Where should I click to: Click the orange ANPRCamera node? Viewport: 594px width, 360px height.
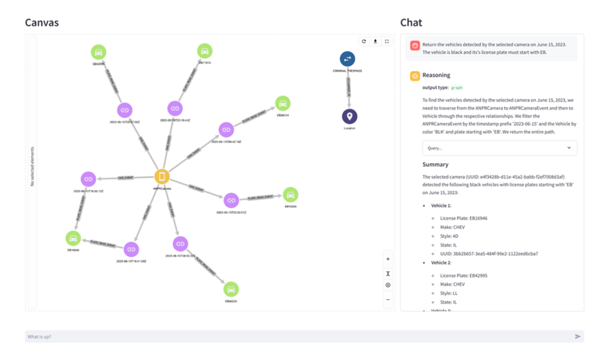pos(161,176)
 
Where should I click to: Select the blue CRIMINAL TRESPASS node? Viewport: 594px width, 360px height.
pos(347,59)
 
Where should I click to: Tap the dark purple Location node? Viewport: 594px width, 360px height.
pos(349,116)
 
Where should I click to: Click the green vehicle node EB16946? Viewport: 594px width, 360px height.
pos(73,238)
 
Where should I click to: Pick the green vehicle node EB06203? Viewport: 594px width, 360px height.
pos(231,289)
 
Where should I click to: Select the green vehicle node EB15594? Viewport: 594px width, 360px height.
pos(291,194)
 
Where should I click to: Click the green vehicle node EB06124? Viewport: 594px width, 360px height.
pos(282,103)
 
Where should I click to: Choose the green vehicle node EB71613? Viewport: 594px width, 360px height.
pos(204,51)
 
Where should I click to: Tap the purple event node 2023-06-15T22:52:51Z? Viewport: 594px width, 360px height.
pos(231,200)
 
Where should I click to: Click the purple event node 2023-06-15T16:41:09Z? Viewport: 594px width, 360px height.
pos(131,249)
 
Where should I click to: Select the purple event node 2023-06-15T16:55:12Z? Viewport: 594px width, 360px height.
pos(88,179)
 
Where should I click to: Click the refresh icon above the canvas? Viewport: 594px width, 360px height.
pos(364,42)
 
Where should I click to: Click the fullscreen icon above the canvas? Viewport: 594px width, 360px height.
pos(387,42)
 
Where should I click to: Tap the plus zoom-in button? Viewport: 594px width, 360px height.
pos(388,259)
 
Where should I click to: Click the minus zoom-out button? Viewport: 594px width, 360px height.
pos(388,300)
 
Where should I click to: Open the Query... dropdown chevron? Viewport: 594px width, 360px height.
pos(569,147)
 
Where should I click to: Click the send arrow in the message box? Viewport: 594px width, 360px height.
pos(578,336)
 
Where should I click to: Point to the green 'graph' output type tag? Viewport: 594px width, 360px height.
pos(457,87)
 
